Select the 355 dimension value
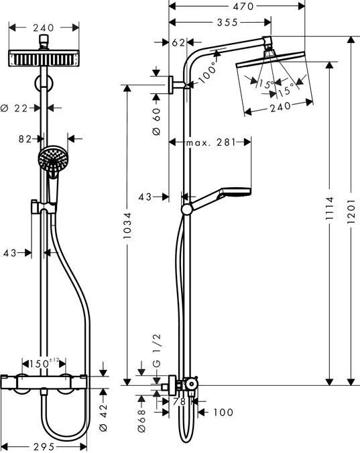[219, 22]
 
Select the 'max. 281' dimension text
[211, 142]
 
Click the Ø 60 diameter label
[156, 120]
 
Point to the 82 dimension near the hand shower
[26, 139]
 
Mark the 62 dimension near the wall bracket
[177, 42]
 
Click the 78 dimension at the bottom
[179, 401]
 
